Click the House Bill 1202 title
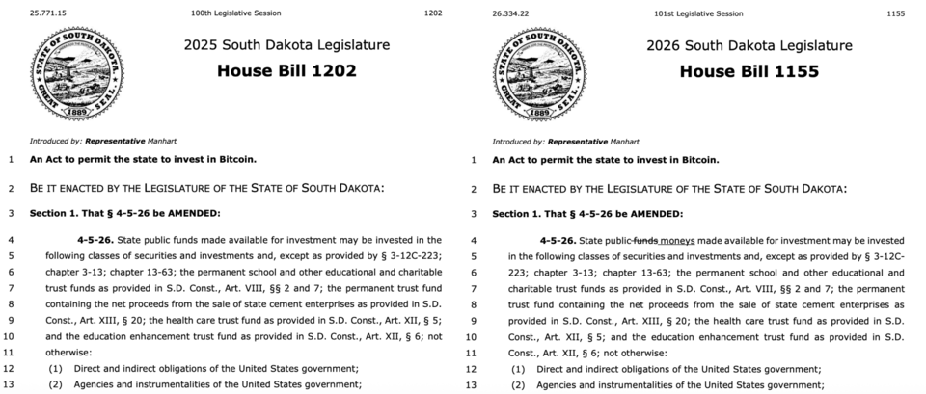click(286, 70)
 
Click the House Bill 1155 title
click(749, 71)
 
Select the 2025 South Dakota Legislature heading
click(286, 45)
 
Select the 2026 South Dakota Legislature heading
click(749, 45)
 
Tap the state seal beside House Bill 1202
click(78, 71)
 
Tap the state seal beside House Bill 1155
click(540, 71)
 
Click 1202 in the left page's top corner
click(433, 14)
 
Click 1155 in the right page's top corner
click(895, 14)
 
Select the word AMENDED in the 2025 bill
click(193, 213)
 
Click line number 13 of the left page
click(10, 384)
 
